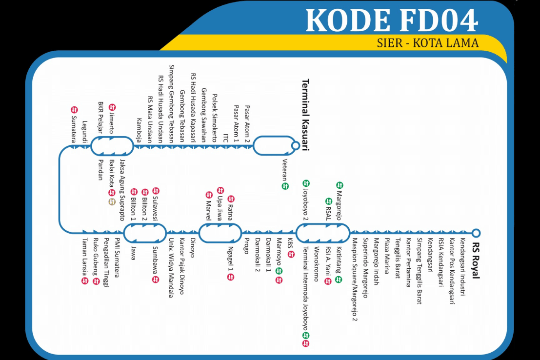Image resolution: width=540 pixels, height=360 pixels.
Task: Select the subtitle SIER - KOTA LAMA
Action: (x=428, y=43)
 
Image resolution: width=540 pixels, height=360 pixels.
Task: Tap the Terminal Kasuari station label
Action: (x=306, y=115)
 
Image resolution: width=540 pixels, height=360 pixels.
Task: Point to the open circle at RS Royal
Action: (x=476, y=233)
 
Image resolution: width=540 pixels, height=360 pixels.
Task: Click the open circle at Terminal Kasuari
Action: (x=295, y=145)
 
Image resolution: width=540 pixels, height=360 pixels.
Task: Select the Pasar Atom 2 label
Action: (x=247, y=124)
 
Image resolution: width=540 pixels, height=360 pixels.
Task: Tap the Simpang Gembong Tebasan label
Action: (x=172, y=103)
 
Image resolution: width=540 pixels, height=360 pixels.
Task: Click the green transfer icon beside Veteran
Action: (x=285, y=186)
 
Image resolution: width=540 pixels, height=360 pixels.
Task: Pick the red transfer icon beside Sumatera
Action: (x=74, y=110)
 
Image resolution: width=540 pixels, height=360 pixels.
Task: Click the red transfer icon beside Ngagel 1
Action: (x=231, y=277)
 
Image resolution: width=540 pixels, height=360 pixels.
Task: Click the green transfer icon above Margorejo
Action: (x=340, y=185)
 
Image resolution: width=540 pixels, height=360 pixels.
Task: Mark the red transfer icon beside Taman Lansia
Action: (x=84, y=281)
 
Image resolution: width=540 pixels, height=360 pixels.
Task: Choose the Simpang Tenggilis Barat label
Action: (x=419, y=271)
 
